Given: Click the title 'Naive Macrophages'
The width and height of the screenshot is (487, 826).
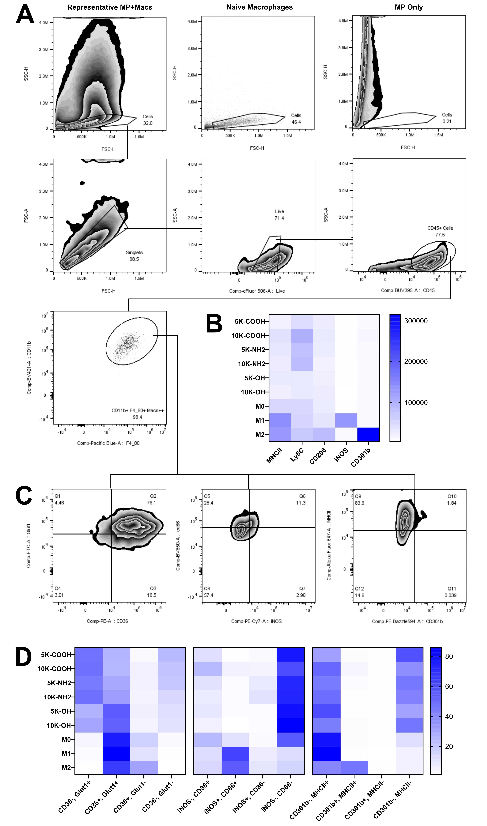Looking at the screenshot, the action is pos(260,7).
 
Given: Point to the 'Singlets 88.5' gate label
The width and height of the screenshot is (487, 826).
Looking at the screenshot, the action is pos(134,256).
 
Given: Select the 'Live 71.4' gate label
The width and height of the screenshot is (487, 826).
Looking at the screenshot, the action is pos(279,215).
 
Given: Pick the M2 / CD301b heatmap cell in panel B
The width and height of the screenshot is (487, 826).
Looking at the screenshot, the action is pos(368,434).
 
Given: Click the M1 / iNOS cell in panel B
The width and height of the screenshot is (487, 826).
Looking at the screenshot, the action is pos(346,420).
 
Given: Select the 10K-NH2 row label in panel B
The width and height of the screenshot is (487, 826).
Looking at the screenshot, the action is pos(251,364).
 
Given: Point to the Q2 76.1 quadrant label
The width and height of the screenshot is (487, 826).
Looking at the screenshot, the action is pos(152,499).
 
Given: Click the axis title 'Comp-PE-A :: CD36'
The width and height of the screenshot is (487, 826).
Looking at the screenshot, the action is pos(107,621).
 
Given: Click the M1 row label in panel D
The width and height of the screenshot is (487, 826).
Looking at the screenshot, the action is pos(66,754).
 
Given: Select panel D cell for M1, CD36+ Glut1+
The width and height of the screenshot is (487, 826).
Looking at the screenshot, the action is pos(117,754).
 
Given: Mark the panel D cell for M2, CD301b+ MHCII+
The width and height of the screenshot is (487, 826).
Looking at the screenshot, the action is pos(354,768).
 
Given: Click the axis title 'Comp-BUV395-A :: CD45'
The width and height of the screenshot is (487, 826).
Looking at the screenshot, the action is pos(408,290).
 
